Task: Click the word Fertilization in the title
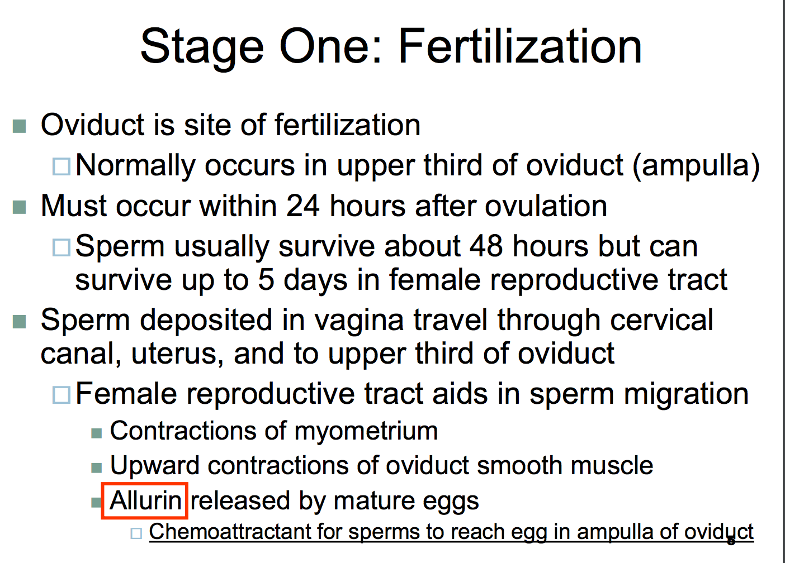(x=520, y=46)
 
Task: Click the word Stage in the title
(x=202, y=49)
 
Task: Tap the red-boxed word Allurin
(x=145, y=500)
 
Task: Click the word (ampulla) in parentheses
(x=696, y=166)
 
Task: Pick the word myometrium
(x=366, y=431)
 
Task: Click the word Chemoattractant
(x=230, y=532)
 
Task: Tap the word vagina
(x=359, y=321)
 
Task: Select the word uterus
(x=178, y=354)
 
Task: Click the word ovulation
(x=546, y=206)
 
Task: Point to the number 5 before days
(x=266, y=280)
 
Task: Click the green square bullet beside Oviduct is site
(x=19, y=126)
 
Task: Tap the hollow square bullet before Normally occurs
(x=62, y=166)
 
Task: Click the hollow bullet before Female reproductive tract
(x=62, y=394)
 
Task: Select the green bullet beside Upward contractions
(x=96, y=467)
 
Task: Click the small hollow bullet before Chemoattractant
(x=136, y=533)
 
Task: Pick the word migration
(x=686, y=394)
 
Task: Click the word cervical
(x=661, y=321)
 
